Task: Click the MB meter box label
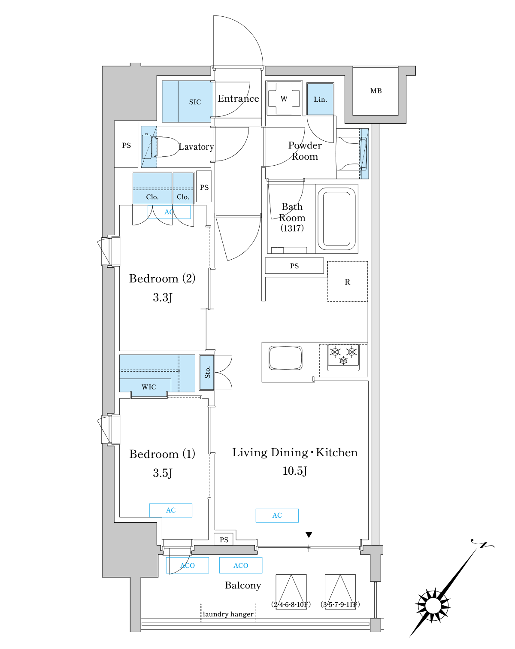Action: click(x=376, y=91)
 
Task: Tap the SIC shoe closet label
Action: click(x=195, y=102)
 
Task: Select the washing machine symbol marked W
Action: click(x=284, y=98)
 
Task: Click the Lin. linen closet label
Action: click(x=320, y=99)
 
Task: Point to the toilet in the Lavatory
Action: click(x=161, y=146)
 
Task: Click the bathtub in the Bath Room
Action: click(x=336, y=218)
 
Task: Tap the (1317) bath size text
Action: click(x=292, y=228)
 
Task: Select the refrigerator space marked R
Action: click(x=347, y=282)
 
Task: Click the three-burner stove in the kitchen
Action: click(x=343, y=357)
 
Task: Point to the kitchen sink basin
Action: click(x=285, y=358)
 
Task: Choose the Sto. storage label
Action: click(x=207, y=373)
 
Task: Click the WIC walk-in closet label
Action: click(x=148, y=387)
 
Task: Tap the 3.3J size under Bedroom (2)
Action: click(x=163, y=297)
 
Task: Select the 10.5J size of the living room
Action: click(x=295, y=471)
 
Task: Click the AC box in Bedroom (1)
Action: click(x=171, y=510)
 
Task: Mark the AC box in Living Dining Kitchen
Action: click(x=277, y=516)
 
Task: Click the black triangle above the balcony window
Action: click(x=309, y=535)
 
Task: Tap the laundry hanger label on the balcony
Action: click(x=228, y=614)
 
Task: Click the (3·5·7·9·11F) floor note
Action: click(x=340, y=604)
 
